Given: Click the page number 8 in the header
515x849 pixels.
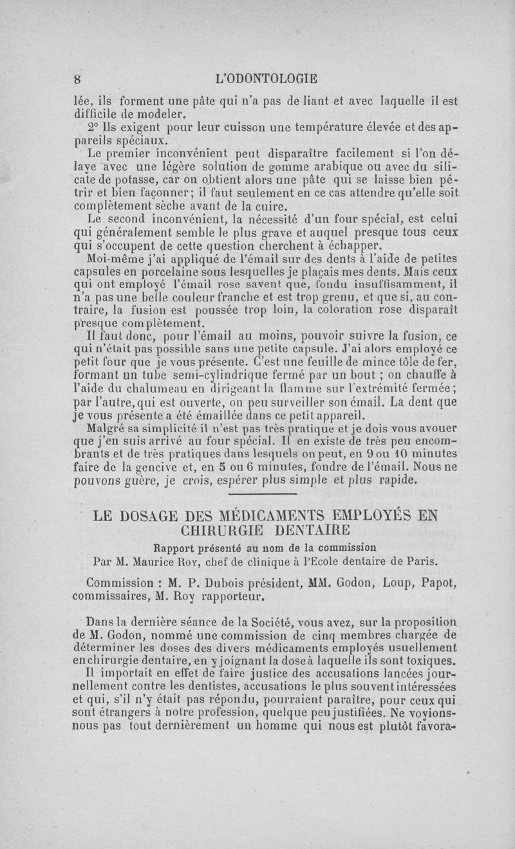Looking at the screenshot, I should click(77, 79).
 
